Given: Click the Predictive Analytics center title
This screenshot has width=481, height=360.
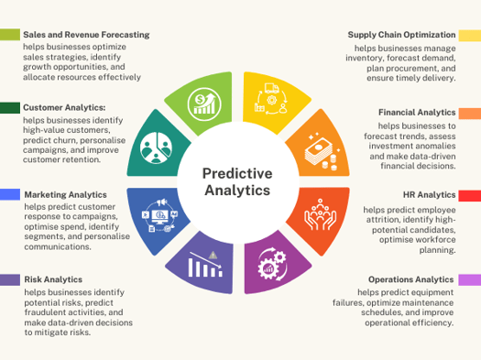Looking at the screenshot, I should pos(236,180).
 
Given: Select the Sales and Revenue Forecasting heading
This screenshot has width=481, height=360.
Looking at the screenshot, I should pos(86,35).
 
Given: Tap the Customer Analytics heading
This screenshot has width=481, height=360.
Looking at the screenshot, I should pos(64,108).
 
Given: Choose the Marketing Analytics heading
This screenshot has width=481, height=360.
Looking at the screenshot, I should pos(65,194).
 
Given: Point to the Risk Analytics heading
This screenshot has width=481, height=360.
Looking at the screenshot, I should pos(56,279).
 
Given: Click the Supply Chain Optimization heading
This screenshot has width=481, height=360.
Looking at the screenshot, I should pos(401,35).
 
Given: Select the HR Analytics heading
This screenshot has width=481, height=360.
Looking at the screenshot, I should pos(430,195).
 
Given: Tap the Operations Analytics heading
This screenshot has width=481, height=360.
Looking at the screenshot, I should pos(411,279).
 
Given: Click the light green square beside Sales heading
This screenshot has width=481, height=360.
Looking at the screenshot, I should pos(10,35).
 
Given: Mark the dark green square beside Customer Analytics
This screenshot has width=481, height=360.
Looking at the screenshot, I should pos(10,108).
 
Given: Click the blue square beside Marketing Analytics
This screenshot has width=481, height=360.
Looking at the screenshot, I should pos(10,194).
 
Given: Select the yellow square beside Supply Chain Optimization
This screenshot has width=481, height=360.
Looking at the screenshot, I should pos(470,35).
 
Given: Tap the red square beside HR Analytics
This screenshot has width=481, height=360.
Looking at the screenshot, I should pos(470,195).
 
